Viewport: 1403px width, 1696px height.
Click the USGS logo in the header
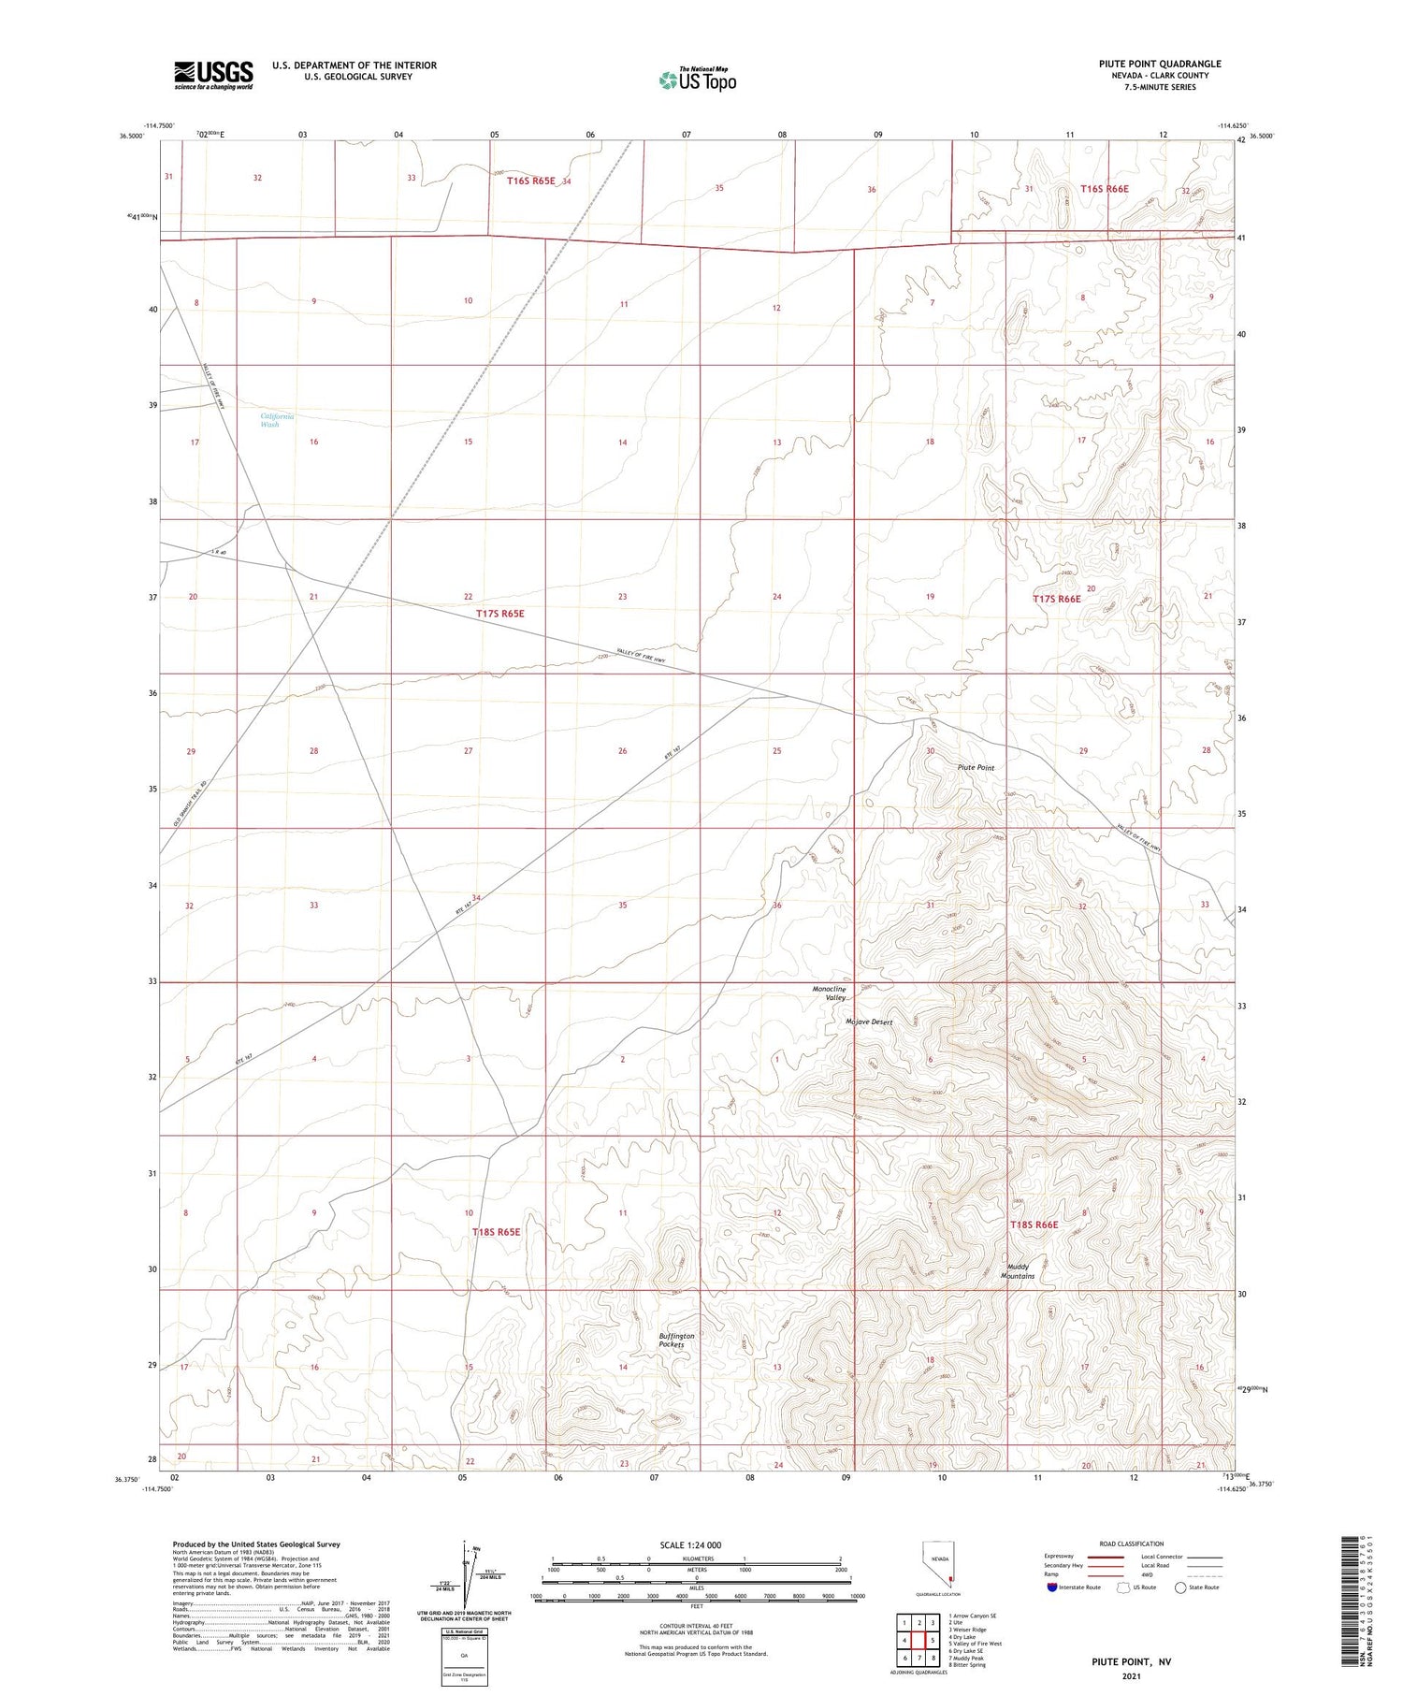point(213,75)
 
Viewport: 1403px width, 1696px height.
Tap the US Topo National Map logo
point(698,80)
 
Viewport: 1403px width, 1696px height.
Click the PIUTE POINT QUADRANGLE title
point(1160,64)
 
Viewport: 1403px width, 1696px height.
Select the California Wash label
point(277,420)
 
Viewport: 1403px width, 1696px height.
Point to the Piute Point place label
point(976,767)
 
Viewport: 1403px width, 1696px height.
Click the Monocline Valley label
point(829,993)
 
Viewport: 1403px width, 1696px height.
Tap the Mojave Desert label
point(869,1022)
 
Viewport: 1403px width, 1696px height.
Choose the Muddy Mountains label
point(1018,1270)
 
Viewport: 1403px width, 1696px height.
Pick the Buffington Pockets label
point(676,1340)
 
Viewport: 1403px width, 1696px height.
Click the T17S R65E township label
point(500,614)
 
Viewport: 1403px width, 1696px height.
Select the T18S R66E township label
point(1034,1225)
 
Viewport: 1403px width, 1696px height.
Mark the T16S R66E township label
point(1105,189)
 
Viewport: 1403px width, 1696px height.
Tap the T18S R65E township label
point(496,1232)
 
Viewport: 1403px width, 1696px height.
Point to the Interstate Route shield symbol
point(1052,1587)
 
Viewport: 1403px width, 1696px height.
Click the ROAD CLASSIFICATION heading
point(1132,1544)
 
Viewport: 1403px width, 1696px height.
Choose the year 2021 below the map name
point(1131,1675)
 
